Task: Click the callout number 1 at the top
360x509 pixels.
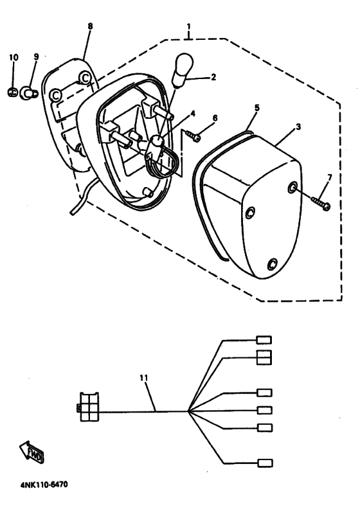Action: [x=189, y=26]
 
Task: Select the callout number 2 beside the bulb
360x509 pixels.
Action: [x=213, y=77]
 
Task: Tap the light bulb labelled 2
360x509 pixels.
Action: [x=184, y=71]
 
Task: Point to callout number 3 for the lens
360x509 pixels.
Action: [x=298, y=127]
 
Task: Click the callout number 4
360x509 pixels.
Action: [x=193, y=114]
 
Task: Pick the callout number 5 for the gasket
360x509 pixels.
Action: [x=256, y=107]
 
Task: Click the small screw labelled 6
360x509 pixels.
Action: [x=193, y=136]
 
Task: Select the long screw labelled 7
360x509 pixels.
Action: [x=320, y=203]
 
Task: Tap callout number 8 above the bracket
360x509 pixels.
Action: [x=90, y=26]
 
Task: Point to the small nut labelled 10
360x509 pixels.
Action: [x=12, y=93]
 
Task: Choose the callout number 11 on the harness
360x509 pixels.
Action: [x=144, y=378]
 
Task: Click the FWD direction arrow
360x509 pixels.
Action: [x=32, y=452]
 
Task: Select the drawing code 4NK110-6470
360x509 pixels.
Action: [x=44, y=485]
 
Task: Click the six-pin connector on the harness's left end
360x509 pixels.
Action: [x=89, y=407]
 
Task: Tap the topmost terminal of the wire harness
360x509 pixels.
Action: [x=264, y=340]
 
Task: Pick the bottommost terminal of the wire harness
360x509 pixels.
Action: [x=265, y=463]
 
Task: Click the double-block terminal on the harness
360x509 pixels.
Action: [x=264, y=357]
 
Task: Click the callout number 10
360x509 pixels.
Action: [x=14, y=57]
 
